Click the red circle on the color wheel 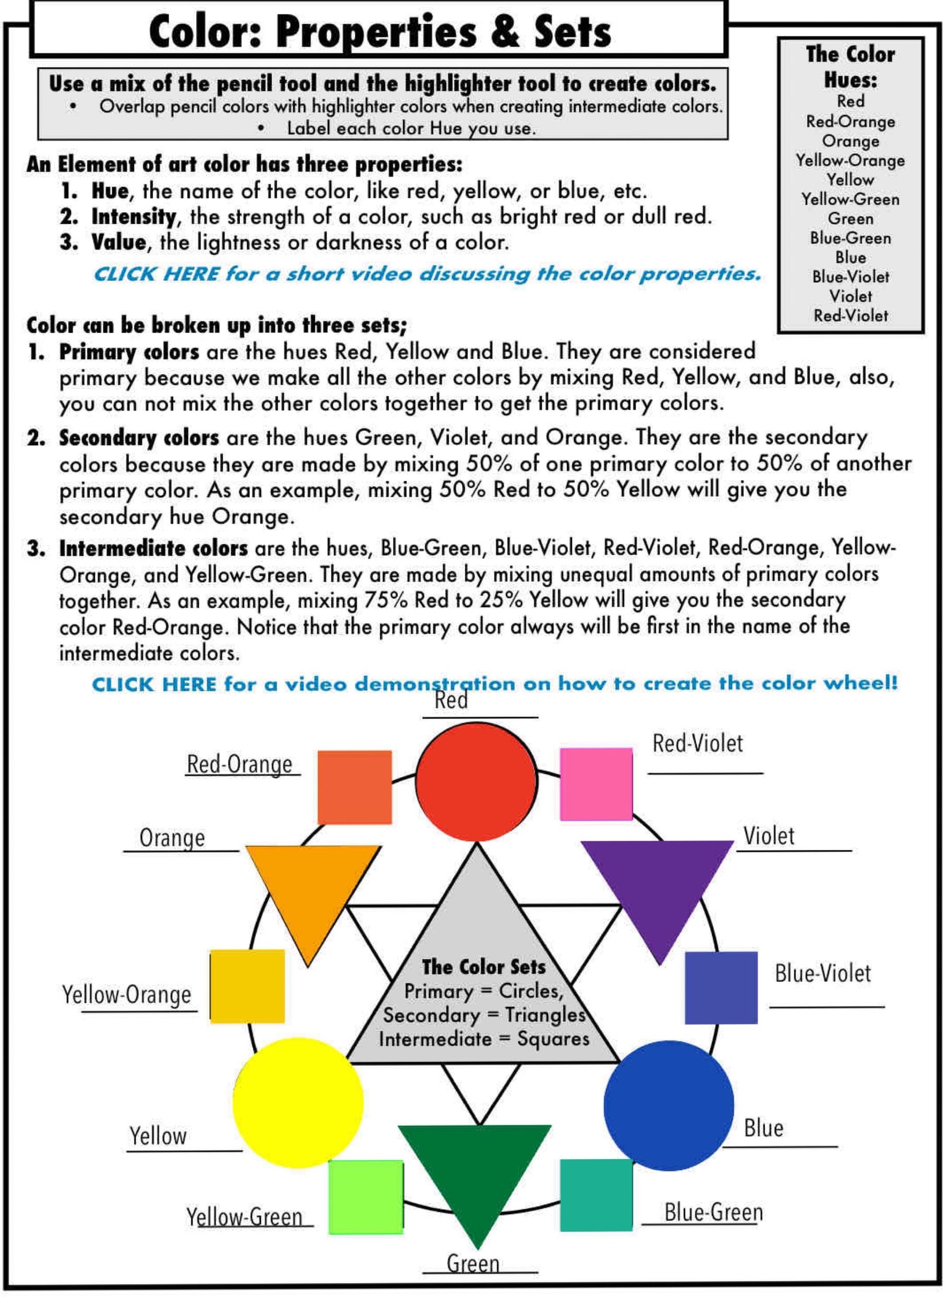[x=476, y=781]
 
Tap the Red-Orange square [x=355, y=787]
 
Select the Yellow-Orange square [x=247, y=987]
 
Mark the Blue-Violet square [x=721, y=988]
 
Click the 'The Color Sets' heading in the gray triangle [x=483, y=967]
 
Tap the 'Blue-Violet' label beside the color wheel [x=822, y=973]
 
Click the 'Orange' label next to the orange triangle [x=172, y=838]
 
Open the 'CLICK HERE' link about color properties [x=427, y=274]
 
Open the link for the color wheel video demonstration [x=494, y=684]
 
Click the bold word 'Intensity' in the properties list [x=133, y=217]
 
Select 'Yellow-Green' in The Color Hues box [x=850, y=199]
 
